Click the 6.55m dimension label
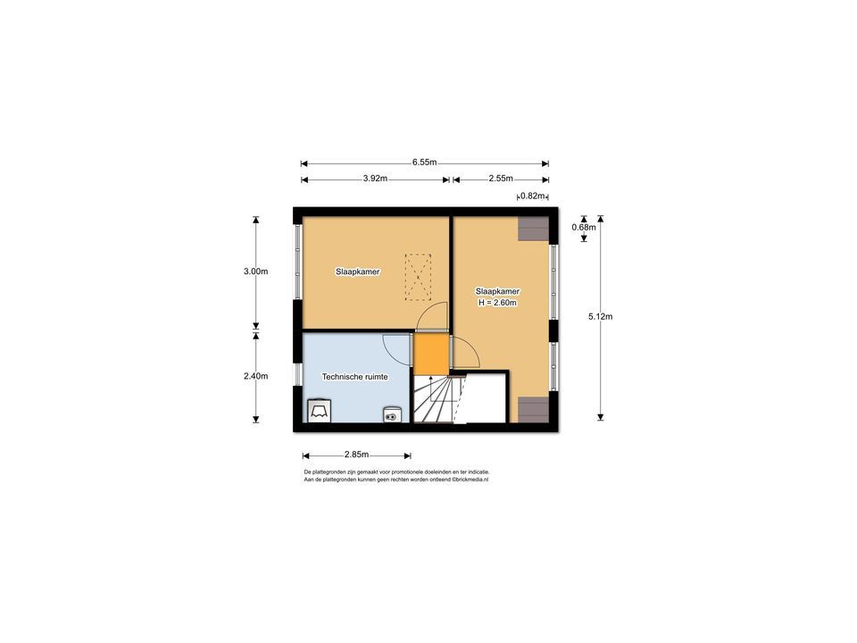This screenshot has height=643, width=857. click(424, 163)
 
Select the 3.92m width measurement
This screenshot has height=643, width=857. click(375, 179)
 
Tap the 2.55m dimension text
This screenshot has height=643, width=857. click(501, 179)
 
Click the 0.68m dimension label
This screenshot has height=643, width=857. click(584, 227)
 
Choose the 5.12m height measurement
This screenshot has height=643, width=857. click(600, 316)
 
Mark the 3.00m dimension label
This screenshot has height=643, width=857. click(255, 271)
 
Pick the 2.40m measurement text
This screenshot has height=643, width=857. click(255, 376)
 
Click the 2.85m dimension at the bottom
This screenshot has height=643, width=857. click(356, 455)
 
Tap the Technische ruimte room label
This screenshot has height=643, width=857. click(354, 378)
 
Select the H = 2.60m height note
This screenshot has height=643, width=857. click(497, 303)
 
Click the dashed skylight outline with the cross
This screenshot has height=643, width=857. click(418, 276)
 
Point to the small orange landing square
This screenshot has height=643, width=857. click(428, 354)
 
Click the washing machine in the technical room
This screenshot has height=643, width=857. click(319, 410)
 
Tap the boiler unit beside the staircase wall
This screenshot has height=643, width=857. click(392, 413)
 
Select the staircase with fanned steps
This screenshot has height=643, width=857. click(434, 398)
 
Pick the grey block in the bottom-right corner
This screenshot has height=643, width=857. click(533, 409)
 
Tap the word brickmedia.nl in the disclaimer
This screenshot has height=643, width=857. click(470, 480)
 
